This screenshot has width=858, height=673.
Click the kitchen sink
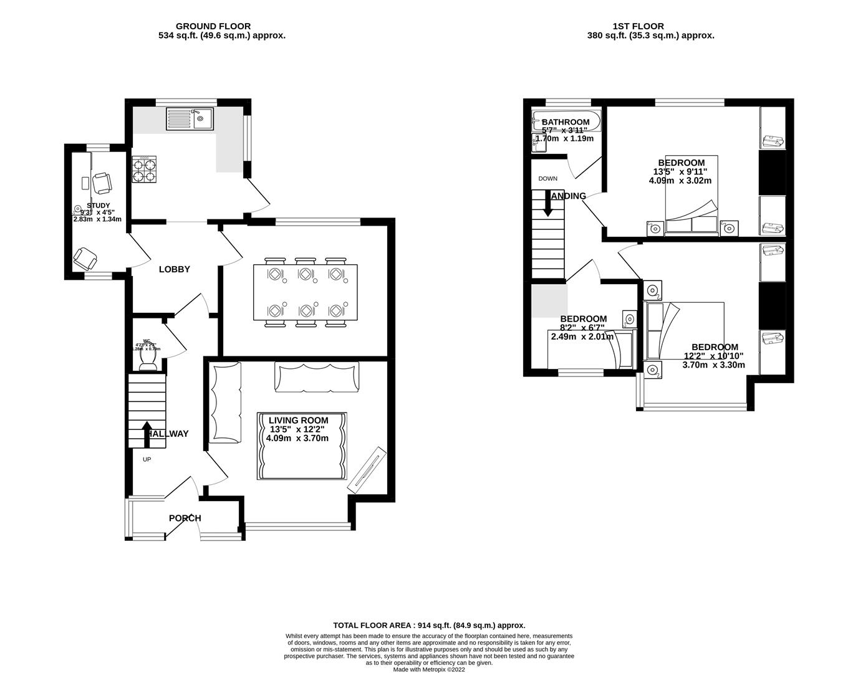coord(190,118)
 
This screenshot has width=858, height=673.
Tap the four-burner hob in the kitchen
coord(143,168)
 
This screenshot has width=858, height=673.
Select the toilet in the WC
coord(148,360)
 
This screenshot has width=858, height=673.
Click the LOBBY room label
coord(174,269)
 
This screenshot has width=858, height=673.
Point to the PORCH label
coord(185,518)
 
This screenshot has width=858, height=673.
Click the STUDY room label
coord(99,206)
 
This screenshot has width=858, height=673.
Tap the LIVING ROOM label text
coord(298,420)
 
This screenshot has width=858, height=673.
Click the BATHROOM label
coord(565,122)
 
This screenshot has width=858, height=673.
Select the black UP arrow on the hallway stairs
coord(147,434)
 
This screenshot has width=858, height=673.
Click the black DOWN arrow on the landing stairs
coord(548,204)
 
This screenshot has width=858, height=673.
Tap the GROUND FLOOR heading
coord(213,26)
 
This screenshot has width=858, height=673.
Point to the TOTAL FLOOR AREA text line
coord(429,625)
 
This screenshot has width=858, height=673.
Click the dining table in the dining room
coord(306,292)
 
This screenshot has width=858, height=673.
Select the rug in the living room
coord(302,446)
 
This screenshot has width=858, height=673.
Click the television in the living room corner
coord(367,467)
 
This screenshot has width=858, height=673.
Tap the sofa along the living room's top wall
coord(317,377)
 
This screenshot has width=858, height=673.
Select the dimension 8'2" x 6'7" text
coord(582,328)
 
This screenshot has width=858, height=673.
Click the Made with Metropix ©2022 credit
coord(429,669)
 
